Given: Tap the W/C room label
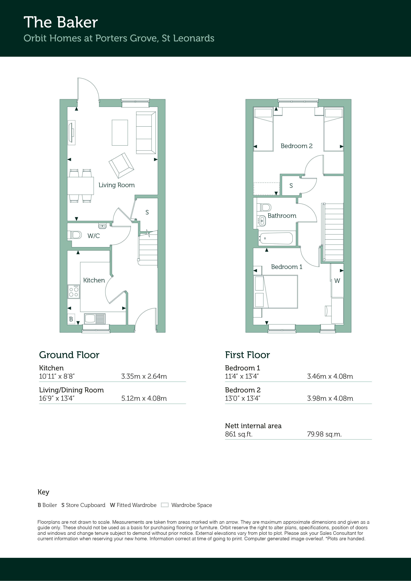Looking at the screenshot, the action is (x=93, y=236).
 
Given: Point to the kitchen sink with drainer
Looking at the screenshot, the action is (x=94, y=319).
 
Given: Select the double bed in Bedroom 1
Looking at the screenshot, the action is (x=276, y=292).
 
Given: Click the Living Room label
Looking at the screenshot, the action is (x=117, y=185).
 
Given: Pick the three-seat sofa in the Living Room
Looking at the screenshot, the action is (x=146, y=133).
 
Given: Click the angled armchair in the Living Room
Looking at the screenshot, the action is (x=121, y=165).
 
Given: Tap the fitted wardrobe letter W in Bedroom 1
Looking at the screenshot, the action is (x=337, y=281).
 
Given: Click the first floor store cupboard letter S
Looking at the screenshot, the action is (x=291, y=186).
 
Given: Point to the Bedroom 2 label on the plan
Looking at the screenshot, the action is (x=296, y=146).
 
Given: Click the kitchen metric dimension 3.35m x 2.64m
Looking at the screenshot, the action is (x=144, y=376).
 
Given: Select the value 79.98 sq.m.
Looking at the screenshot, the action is (x=324, y=434).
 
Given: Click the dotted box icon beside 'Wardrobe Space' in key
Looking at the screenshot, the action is (x=165, y=505).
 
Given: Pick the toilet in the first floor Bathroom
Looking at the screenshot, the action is (x=264, y=208).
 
